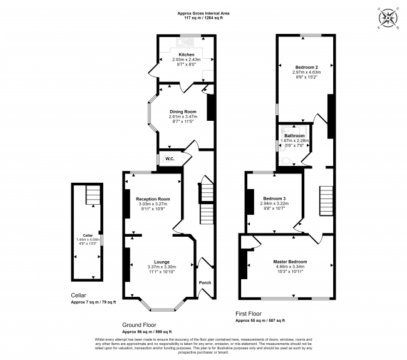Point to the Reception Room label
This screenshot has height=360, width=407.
(153, 199)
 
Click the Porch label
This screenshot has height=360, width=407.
(204, 282)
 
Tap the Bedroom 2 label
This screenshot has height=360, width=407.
(307, 67)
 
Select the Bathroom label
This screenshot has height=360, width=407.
(294, 136)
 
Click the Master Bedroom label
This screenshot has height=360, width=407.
(290, 261)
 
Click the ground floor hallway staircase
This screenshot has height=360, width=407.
(207, 203)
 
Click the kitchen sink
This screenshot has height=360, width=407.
(187, 43)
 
